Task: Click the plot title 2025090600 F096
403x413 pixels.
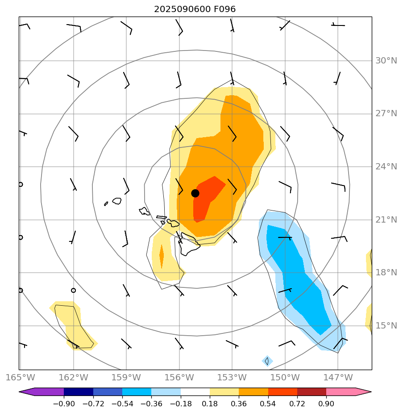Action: pyautogui.click(x=195, y=9)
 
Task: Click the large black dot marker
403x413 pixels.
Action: pyautogui.click(x=195, y=193)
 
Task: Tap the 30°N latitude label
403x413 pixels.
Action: pyautogui.click(x=386, y=61)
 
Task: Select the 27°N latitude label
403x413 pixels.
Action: pyautogui.click(x=386, y=114)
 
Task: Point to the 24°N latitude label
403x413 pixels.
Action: pyautogui.click(x=386, y=167)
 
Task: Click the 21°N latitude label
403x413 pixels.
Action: pyautogui.click(x=386, y=219)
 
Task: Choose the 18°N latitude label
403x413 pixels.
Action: pyautogui.click(x=386, y=273)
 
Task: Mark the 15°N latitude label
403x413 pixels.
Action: pyautogui.click(x=386, y=325)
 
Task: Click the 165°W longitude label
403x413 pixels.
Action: pyautogui.click(x=21, y=378)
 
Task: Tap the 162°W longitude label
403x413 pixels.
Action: pyautogui.click(x=73, y=378)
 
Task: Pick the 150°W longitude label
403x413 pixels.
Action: pyautogui.click(x=285, y=378)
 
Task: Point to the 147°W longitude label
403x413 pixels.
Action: pyautogui.click(x=338, y=378)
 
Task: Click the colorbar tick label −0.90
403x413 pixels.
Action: pyautogui.click(x=64, y=404)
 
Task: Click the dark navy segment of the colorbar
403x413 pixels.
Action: pyautogui.click(x=79, y=392)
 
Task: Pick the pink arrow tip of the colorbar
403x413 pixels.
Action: pyautogui.click(x=364, y=392)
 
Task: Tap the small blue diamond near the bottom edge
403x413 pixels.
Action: pyautogui.click(x=267, y=361)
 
